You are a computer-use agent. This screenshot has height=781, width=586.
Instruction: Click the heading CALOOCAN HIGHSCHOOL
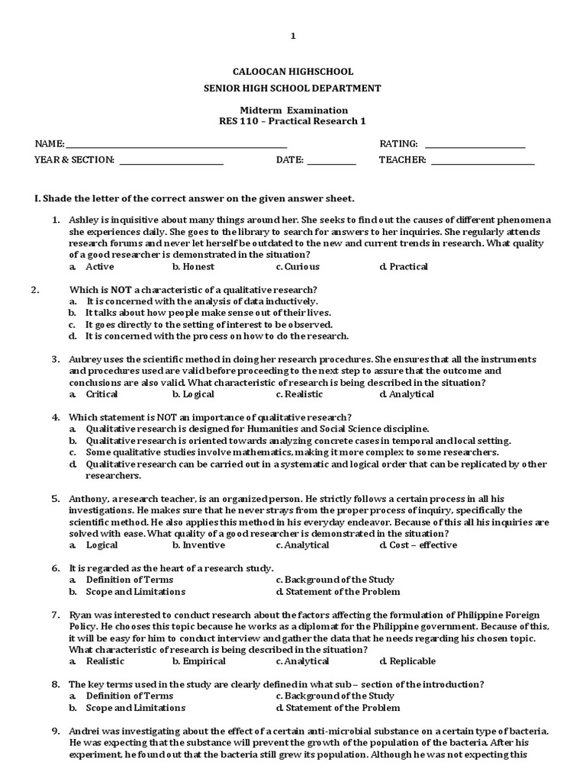tap(292, 71)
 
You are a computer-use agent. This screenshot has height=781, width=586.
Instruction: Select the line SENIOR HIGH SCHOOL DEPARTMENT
tap(292, 88)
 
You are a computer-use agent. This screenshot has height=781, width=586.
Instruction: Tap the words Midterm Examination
tap(294, 111)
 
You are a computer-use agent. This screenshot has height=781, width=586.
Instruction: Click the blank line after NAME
tap(176, 145)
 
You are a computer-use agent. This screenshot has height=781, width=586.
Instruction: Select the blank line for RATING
tap(475, 145)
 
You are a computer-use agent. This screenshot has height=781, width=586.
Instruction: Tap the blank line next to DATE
tap(331, 161)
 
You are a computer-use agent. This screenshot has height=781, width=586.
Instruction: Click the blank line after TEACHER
tap(482, 161)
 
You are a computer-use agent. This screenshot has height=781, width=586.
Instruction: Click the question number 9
tap(56, 731)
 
